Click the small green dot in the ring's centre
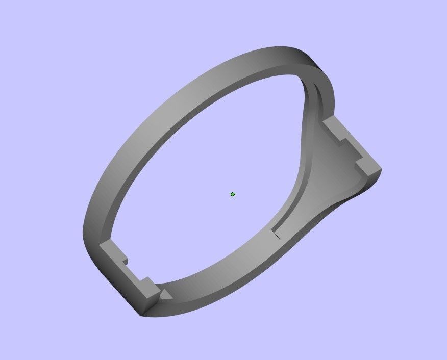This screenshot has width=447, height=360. [x=233, y=194]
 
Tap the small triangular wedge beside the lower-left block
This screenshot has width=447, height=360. [x=165, y=295]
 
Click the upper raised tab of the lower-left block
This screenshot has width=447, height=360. [x=113, y=250]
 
